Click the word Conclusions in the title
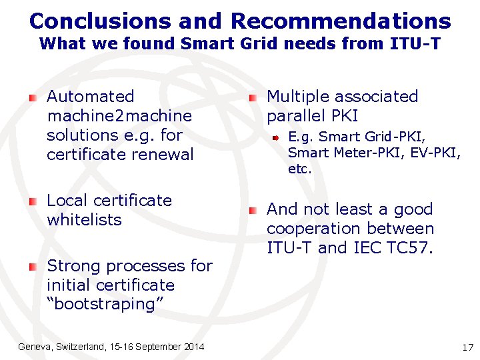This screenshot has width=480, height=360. click(100, 21)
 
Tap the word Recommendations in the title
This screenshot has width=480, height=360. click(341, 21)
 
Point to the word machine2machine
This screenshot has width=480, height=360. click(119, 116)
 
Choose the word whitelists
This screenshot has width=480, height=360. click(84, 220)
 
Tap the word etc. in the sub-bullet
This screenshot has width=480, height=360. click(299, 169)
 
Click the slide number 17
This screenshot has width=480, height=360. click(467, 347)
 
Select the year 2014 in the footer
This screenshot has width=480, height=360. click(193, 347)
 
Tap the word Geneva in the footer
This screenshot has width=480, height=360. click(34, 347)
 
